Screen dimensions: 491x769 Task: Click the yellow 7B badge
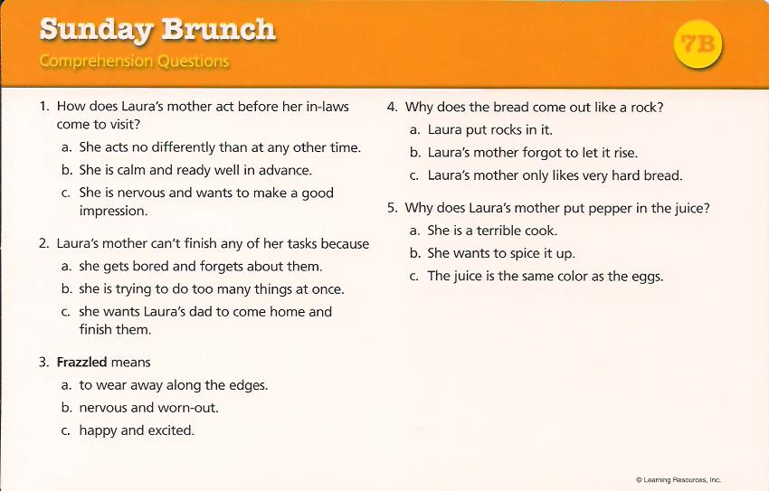pyautogui.click(x=698, y=44)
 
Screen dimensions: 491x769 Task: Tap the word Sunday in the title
pyautogui.click(x=96, y=30)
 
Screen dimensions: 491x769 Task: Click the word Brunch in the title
pyautogui.click(x=217, y=30)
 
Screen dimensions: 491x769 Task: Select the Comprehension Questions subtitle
pyautogui.click(x=134, y=61)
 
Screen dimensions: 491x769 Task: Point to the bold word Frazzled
pyautogui.click(x=81, y=363)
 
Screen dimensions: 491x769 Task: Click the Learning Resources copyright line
pyautogui.click(x=678, y=479)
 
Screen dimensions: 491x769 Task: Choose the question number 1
pyautogui.click(x=43, y=107)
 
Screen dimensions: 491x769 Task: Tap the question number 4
pyautogui.click(x=392, y=107)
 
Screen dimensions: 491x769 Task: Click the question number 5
pyautogui.click(x=392, y=208)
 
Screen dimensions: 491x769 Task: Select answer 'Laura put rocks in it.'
pyautogui.click(x=489, y=130)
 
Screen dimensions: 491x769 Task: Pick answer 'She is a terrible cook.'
pyautogui.click(x=492, y=231)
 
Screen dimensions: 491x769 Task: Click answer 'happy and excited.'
pyautogui.click(x=137, y=430)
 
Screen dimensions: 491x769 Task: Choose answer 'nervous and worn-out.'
pyautogui.click(x=148, y=408)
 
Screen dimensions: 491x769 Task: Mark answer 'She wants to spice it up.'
pyautogui.click(x=500, y=253)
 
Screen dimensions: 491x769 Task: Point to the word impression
pyautogui.click(x=112, y=211)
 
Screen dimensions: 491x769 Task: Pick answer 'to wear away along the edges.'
pyautogui.click(x=173, y=385)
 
